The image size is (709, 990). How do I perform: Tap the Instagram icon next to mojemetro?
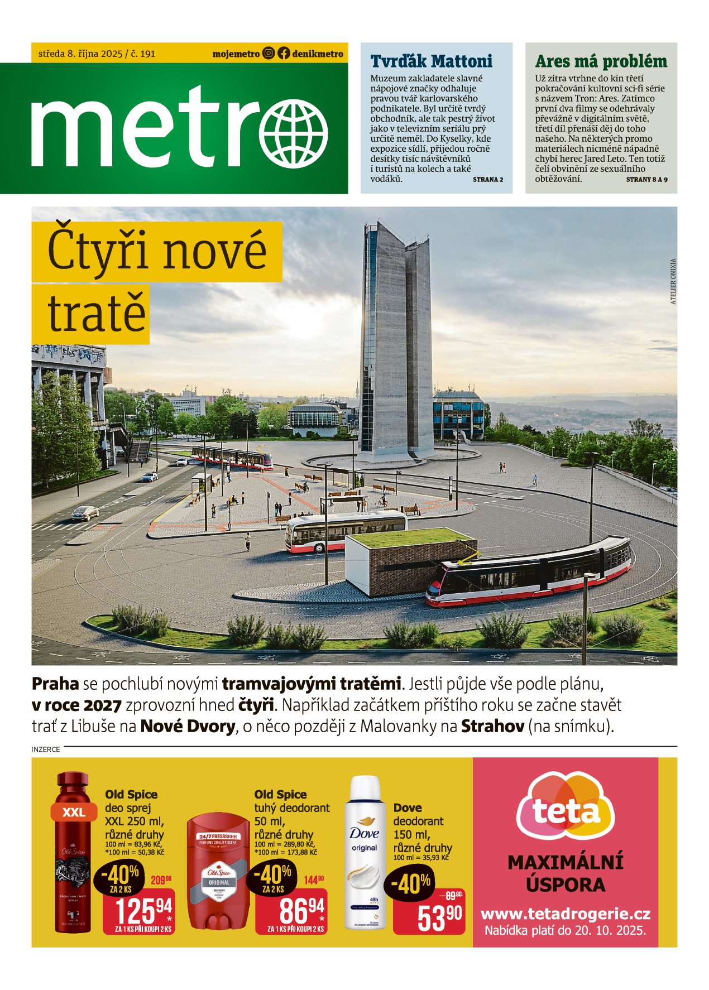(x=269, y=54)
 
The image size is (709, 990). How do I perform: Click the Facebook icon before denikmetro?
(x=284, y=54)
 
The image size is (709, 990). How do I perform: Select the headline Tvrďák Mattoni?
(x=431, y=61)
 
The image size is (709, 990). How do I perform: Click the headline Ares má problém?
(x=601, y=61)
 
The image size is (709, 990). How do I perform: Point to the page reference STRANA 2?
(x=488, y=180)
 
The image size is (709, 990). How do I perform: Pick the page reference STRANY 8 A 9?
(x=646, y=180)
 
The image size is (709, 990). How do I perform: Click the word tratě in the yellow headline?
(x=96, y=314)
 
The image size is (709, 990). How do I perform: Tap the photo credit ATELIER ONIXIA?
(x=673, y=281)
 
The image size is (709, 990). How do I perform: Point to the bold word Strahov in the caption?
(x=492, y=726)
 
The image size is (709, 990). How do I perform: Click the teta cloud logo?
(x=565, y=809)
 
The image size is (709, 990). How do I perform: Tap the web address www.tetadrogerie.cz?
(x=565, y=914)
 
